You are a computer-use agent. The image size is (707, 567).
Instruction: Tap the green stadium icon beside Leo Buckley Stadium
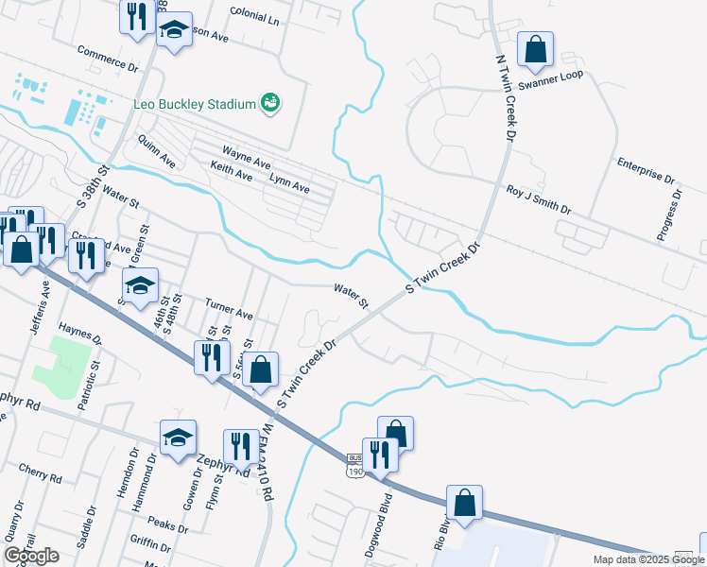[270, 102]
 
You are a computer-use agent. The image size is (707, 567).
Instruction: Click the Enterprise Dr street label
[646, 171]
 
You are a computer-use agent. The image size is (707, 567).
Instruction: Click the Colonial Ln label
[255, 19]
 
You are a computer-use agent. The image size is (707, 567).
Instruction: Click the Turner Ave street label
[230, 307]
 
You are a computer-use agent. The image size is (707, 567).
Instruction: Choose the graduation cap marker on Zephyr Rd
[178, 438]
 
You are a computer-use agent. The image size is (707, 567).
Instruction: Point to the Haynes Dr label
[79, 332]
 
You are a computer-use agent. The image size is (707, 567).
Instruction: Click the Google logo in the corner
[31, 556]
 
